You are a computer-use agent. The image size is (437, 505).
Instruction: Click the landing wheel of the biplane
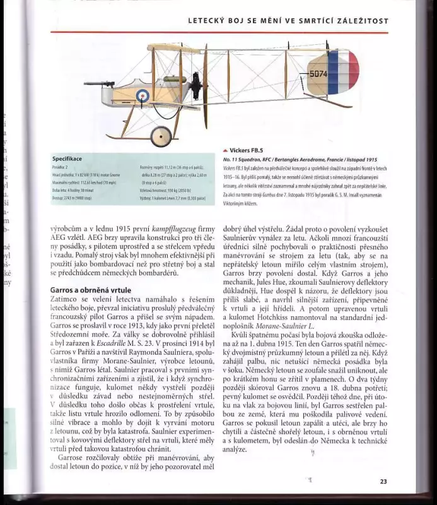click(161, 134)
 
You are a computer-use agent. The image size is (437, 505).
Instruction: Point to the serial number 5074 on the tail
click(318, 74)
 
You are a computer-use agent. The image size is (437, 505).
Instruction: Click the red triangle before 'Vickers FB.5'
click(225, 151)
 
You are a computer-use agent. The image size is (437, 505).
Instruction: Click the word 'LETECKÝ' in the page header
click(209, 21)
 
